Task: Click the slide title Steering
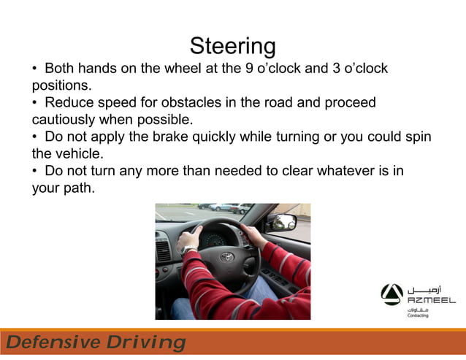[x=232, y=46]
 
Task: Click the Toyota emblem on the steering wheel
[x=226, y=256]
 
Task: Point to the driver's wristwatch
[x=188, y=250]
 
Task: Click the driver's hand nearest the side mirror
[x=253, y=234]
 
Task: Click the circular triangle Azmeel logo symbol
[x=391, y=294]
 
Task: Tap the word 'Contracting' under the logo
[x=418, y=315]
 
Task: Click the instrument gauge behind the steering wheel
[x=214, y=237]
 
